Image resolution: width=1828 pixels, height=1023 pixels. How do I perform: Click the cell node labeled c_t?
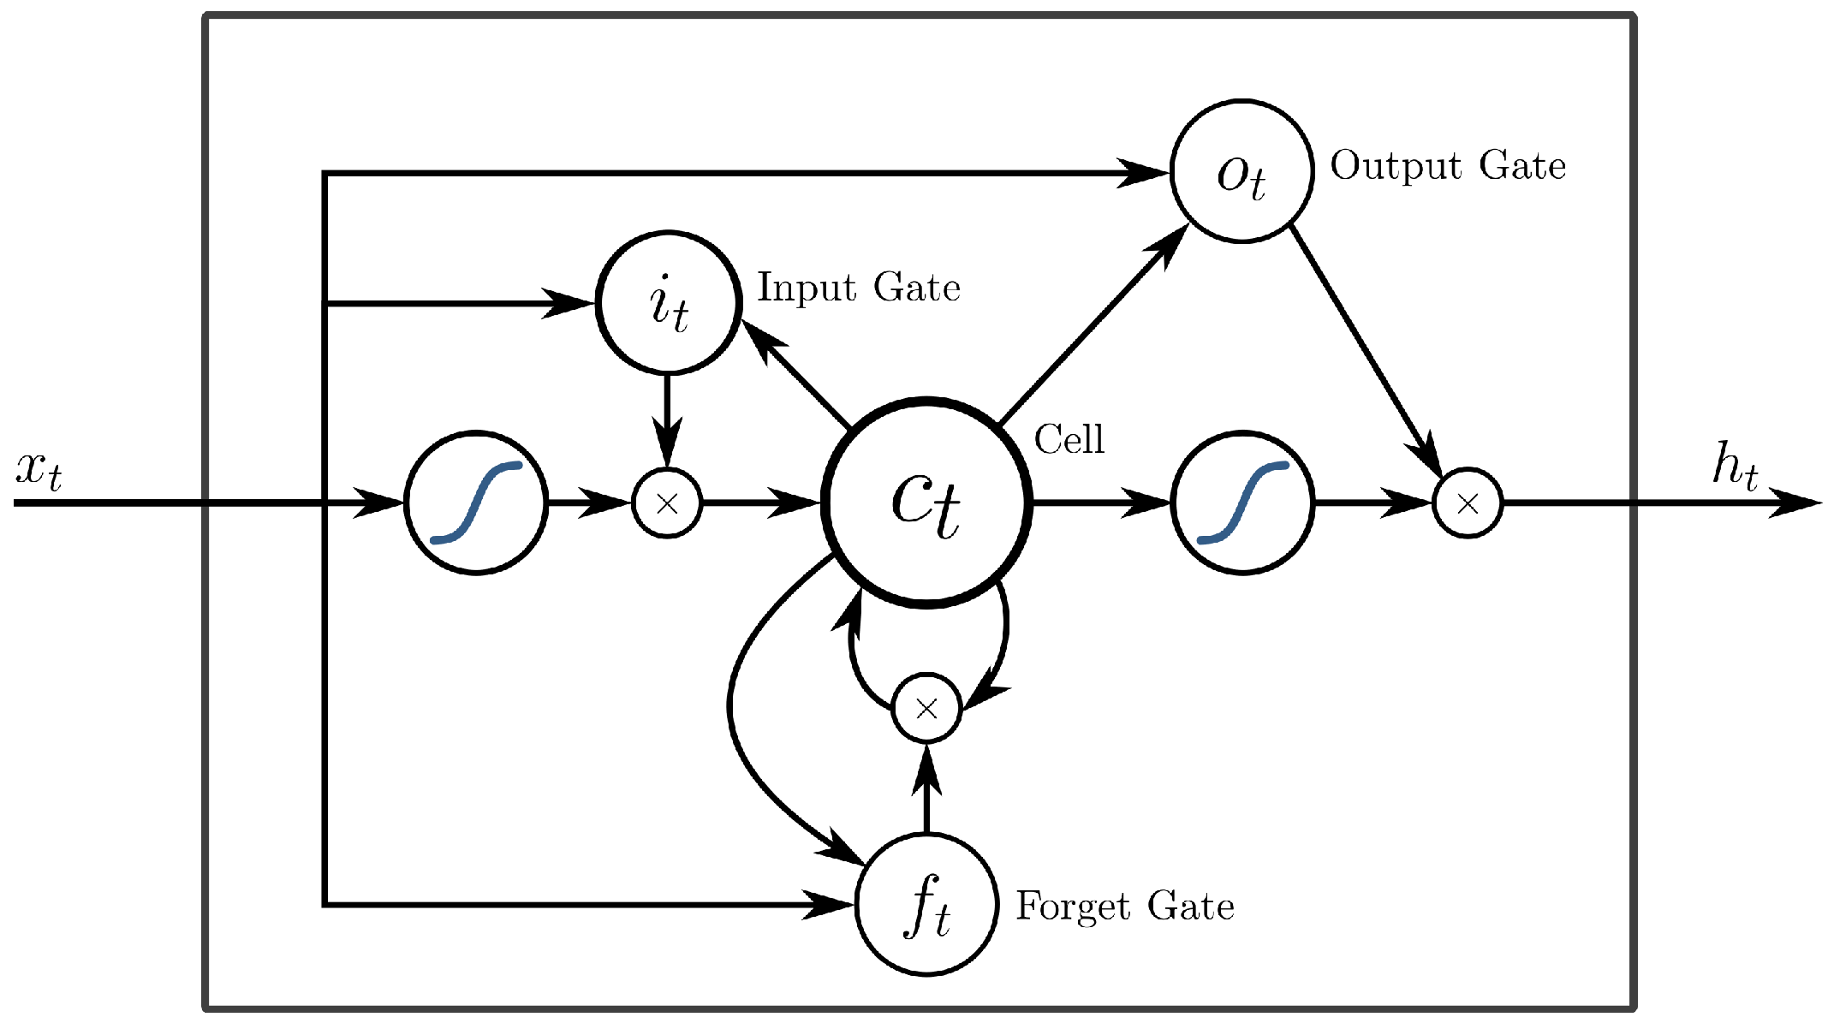tap(926, 503)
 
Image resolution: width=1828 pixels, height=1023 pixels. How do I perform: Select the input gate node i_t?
tap(668, 303)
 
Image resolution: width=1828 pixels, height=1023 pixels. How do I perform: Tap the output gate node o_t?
tap(1241, 172)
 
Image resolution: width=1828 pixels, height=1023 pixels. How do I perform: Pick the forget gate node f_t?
tap(927, 904)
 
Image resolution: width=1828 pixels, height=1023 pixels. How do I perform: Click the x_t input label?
tap(39, 471)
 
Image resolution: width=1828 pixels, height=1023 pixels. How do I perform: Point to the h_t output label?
tap(1735, 467)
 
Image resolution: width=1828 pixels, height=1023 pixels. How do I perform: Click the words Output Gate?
tap(1448, 166)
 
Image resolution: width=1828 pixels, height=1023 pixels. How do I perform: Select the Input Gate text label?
tap(859, 288)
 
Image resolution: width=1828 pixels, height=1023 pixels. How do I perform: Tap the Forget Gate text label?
tap(1125, 906)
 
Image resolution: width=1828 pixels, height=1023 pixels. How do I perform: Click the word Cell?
tap(1069, 440)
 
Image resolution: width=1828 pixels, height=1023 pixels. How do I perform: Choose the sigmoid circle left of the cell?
tap(476, 503)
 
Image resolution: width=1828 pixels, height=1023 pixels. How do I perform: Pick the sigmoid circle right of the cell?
tap(1242, 503)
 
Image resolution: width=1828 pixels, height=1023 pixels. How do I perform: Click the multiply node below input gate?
tap(667, 503)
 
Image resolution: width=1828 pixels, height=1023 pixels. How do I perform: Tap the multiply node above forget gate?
tap(926, 708)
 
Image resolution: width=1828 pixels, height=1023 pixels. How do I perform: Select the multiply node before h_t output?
tap(1468, 503)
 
